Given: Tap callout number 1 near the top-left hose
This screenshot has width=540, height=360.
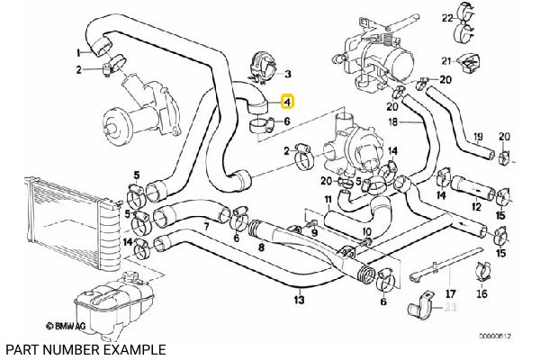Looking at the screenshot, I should pyautogui.click(x=77, y=53).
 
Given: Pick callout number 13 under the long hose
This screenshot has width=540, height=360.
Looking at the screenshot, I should pyautogui.click(x=298, y=291).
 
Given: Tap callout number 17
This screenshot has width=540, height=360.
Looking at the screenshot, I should pyautogui.click(x=451, y=292).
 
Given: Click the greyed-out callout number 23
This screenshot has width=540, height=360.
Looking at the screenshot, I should pyautogui.click(x=451, y=308).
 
